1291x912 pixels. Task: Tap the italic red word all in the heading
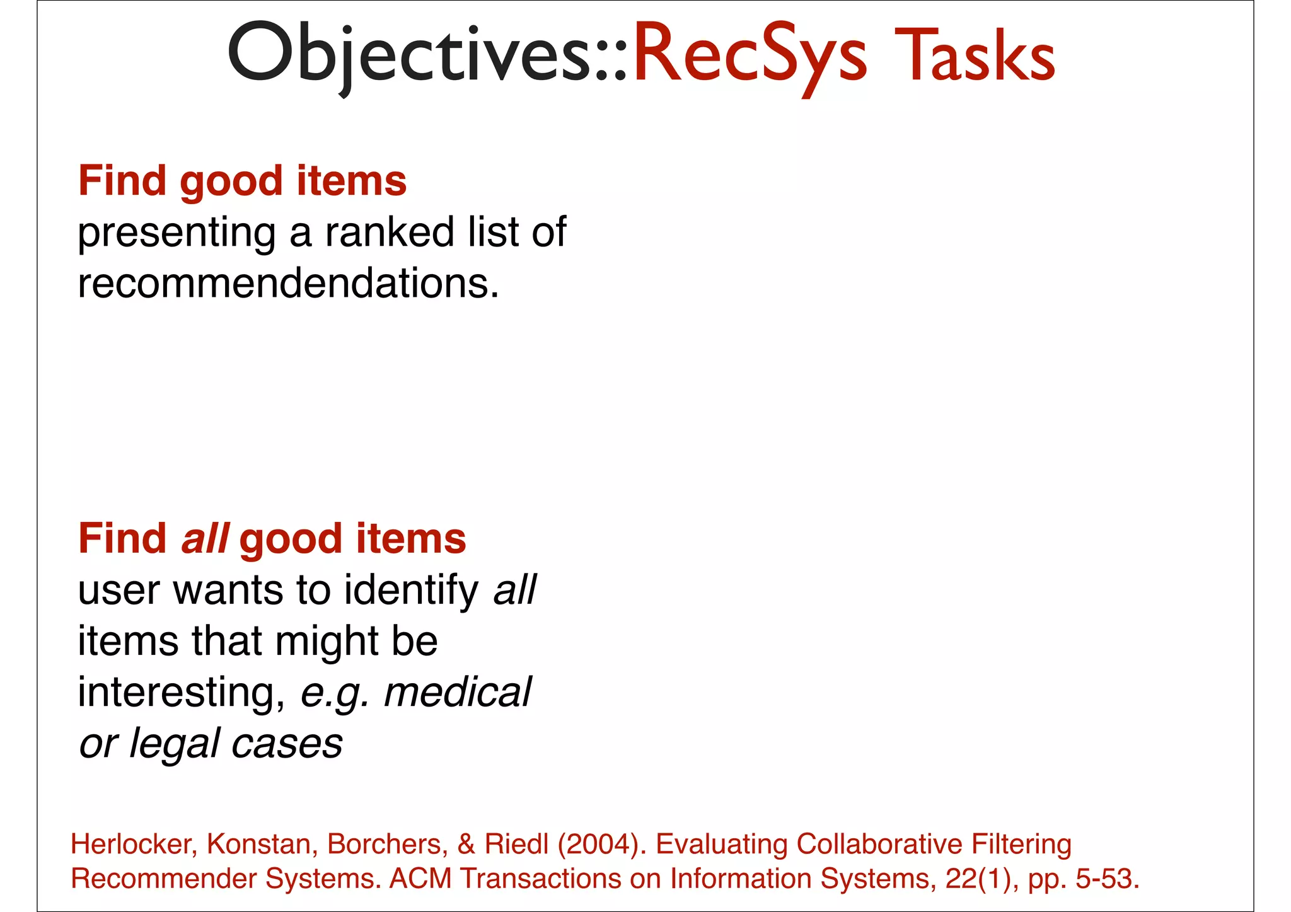(x=205, y=539)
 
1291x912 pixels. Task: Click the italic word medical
(x=458, y=692)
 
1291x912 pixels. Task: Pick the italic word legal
(x=175, y=744)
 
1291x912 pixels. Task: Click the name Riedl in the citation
(x=516, y=844)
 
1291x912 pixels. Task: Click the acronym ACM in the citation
(x=420, y=879)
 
